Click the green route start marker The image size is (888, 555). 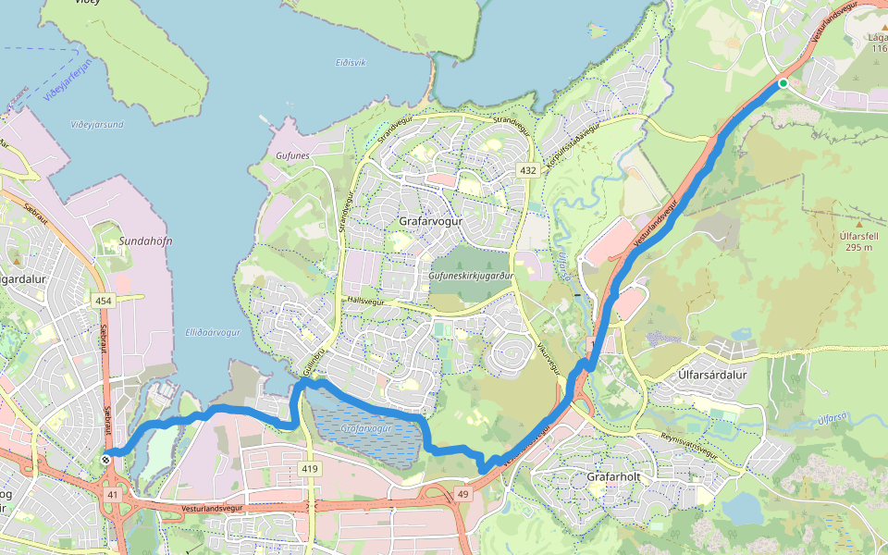(783, 83)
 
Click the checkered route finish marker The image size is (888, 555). (108, 460)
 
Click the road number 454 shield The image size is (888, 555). (103, 301)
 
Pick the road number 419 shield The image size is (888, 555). (310, 469)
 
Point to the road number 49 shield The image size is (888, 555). (463, 496)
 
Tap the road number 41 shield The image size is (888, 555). (113, 496)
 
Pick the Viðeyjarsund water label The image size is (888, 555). (97, 123)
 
